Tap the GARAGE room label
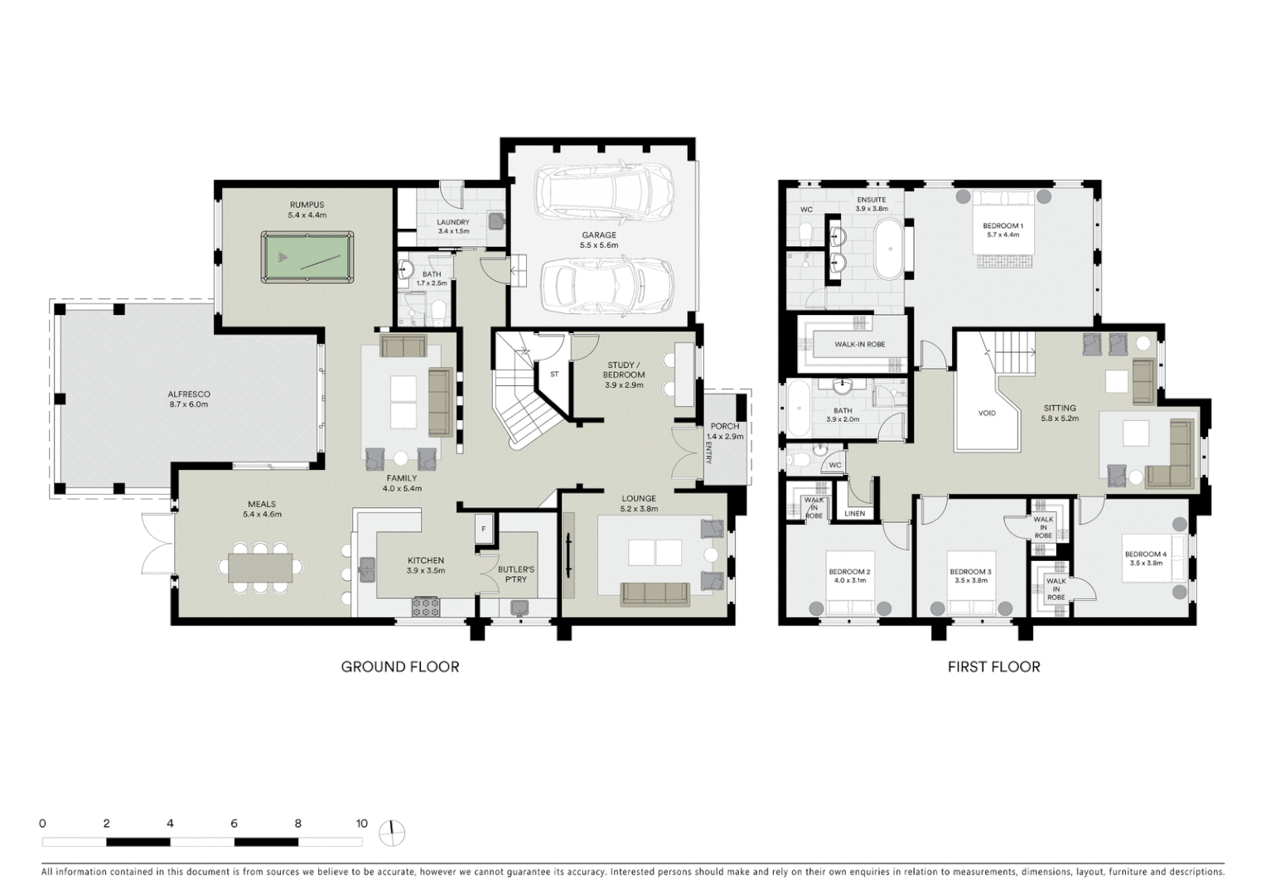(598, 235)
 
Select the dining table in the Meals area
(260, 568)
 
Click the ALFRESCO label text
(189, 394)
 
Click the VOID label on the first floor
(987, 413)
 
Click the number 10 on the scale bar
(362, 824)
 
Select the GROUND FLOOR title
(400, 666)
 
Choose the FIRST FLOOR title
(993, 666)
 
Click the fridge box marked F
(484, 529)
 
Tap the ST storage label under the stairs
(554, 375)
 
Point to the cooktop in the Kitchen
(426, 607)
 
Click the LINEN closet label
(854, 514)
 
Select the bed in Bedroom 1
(1003, 228)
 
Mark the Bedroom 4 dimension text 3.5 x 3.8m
(1145, 564)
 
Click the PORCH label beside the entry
(725, 426)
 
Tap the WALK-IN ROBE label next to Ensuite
(859, 344)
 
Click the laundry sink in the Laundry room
(496, 220)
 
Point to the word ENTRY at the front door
(709, 452)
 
